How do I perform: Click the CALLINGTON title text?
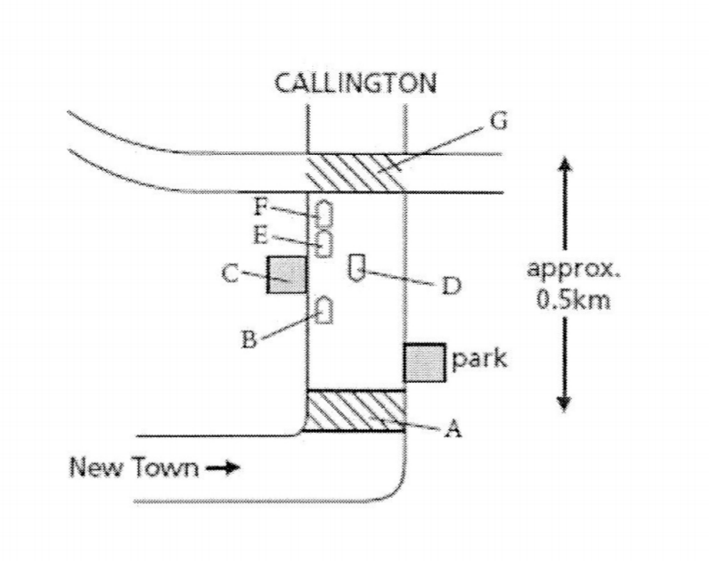355,83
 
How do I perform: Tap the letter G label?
499,122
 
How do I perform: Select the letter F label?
261,207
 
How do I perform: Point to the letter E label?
260,235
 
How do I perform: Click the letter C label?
230,273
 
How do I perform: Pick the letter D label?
452,286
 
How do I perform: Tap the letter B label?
249,339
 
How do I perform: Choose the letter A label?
452,428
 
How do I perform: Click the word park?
479,360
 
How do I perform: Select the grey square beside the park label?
424,363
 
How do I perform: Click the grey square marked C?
287,274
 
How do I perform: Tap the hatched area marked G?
356,173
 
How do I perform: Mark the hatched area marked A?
355,411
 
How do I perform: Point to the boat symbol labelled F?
324,214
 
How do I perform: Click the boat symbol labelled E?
324,244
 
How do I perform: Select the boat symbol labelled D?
357,268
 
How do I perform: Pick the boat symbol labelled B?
324,310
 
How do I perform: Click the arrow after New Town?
223,467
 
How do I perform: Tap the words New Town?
134,467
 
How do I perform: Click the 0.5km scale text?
574,299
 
